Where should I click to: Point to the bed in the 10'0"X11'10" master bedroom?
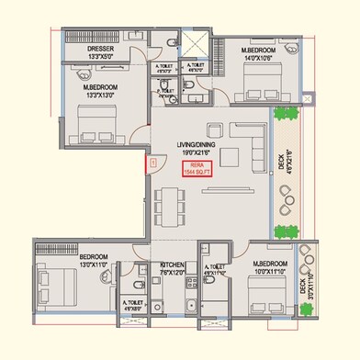266,301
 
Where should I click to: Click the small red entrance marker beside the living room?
144,163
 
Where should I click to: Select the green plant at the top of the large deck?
287,114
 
